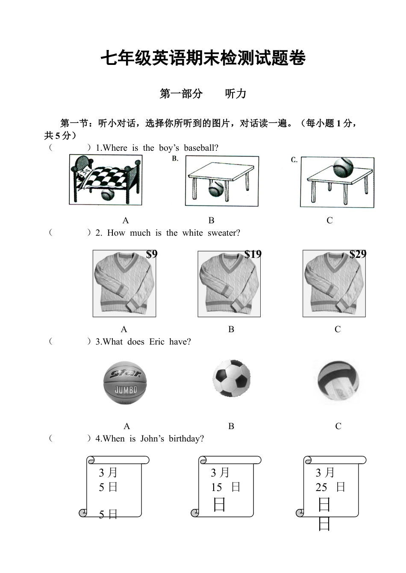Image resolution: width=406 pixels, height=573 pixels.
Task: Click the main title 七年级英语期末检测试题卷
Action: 203,58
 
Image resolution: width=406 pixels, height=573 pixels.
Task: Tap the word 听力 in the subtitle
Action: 235,94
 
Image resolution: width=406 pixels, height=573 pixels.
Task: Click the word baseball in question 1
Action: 201,148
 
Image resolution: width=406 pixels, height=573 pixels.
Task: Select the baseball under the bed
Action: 107,195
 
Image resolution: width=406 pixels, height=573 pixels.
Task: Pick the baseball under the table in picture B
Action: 215,188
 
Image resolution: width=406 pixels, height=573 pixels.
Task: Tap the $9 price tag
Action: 152,254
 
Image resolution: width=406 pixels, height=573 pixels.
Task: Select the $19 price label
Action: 253,254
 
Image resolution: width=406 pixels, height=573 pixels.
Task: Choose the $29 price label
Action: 358,254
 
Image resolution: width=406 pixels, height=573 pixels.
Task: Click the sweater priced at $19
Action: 229,284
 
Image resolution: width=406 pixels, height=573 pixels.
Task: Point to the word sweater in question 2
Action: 224,233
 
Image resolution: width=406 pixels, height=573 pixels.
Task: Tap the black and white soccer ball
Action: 232,378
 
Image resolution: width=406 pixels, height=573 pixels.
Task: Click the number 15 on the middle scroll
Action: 216,488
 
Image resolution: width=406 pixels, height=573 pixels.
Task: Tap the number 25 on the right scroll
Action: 321,488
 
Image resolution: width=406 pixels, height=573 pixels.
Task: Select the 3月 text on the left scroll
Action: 108,473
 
